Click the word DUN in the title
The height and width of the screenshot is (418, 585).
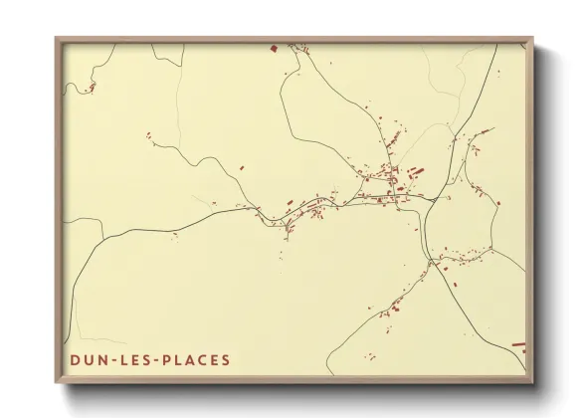88,360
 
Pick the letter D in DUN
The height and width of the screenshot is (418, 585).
75,360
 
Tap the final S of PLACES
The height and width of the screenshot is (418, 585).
226,360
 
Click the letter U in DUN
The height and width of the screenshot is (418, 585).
88,360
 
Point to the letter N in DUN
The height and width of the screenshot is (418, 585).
100,360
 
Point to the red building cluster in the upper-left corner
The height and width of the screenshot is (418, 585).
91,88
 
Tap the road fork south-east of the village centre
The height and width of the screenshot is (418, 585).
431,261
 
